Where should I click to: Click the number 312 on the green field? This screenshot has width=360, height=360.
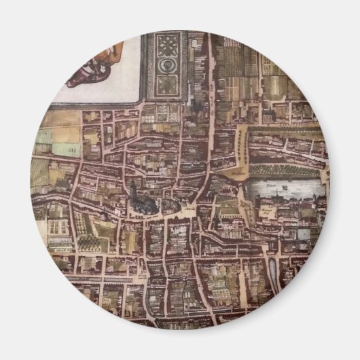coord(70,148)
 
